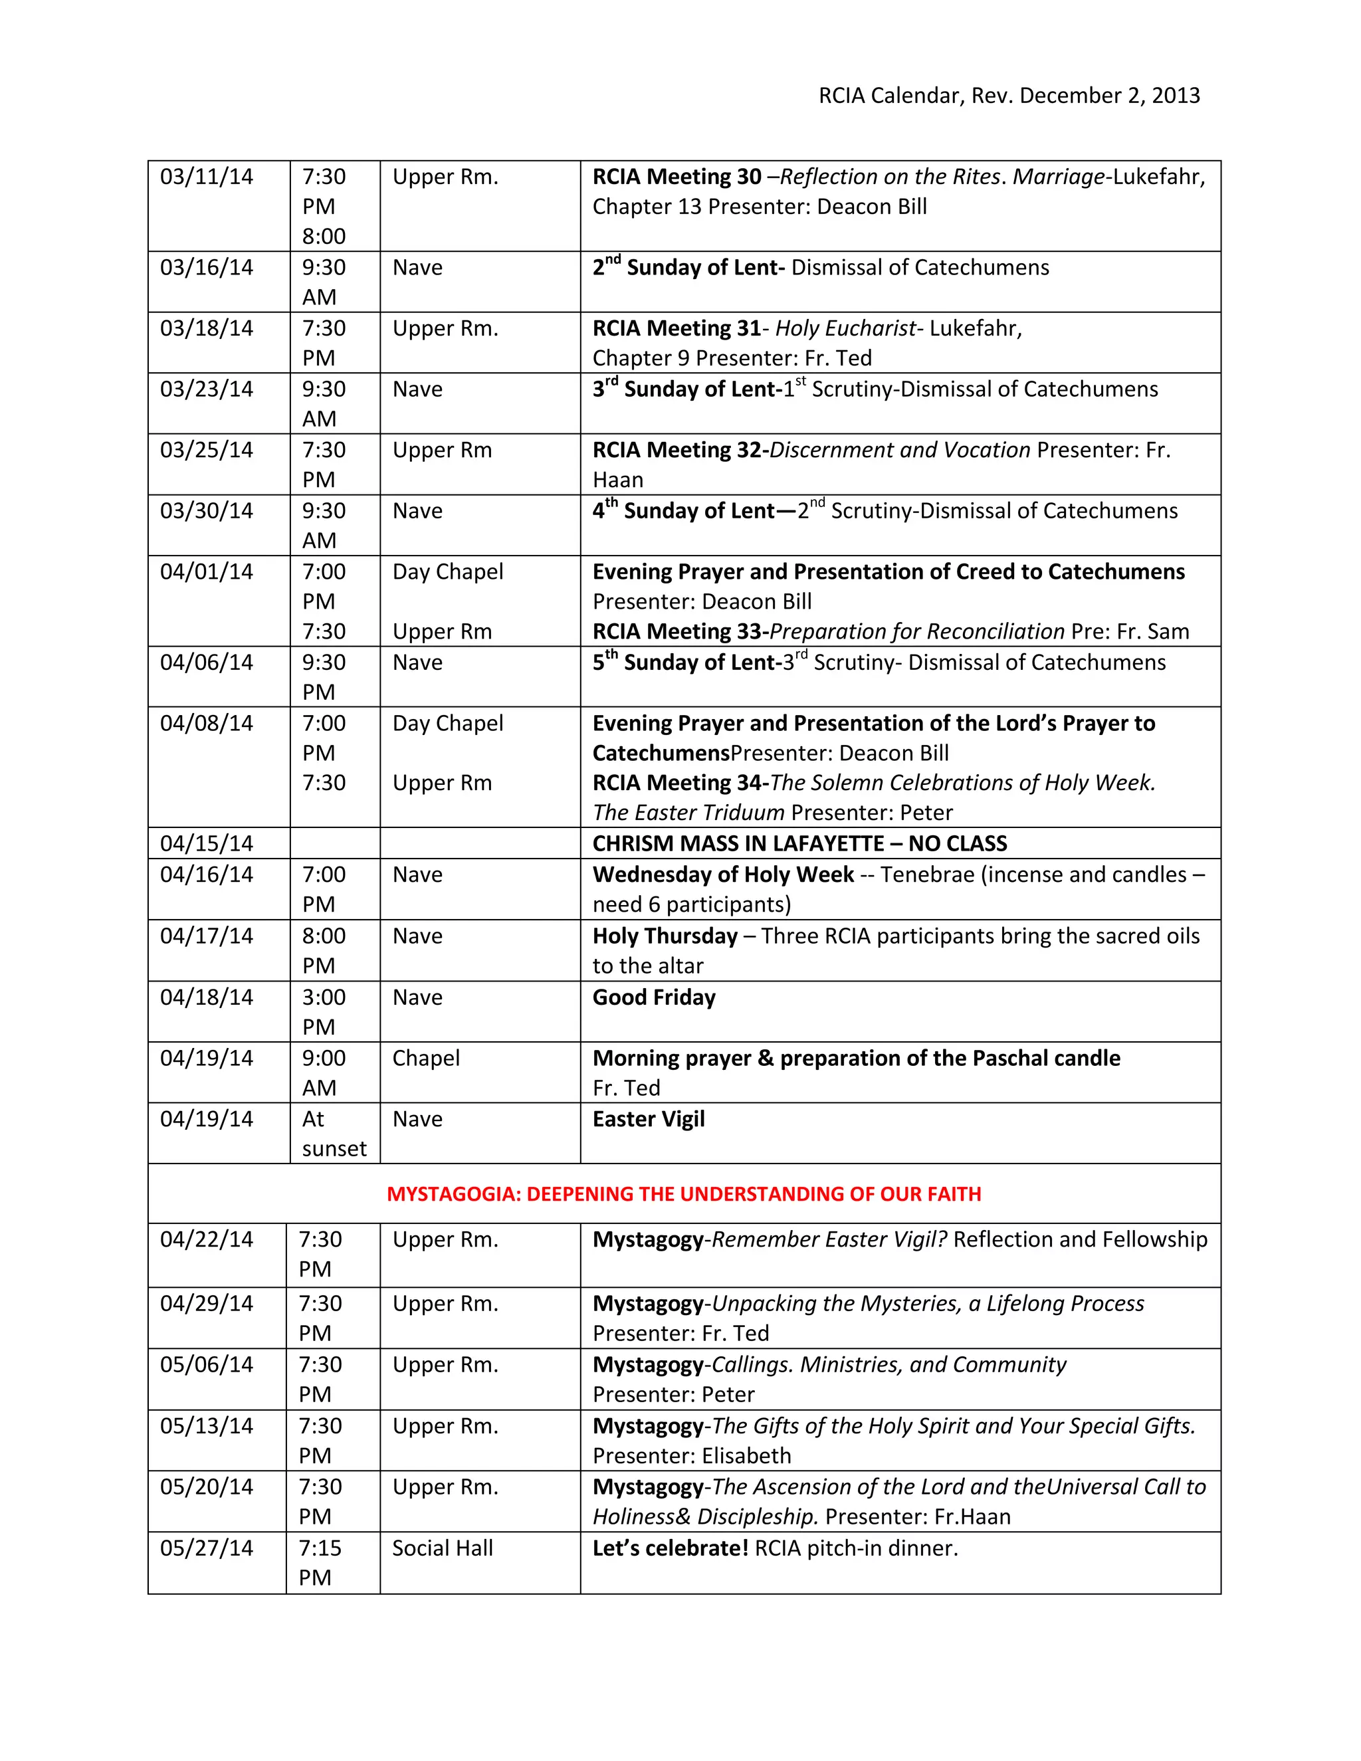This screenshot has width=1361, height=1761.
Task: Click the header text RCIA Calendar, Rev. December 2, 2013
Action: pos(1009,96)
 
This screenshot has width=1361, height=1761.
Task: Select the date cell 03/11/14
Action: pos(207,177)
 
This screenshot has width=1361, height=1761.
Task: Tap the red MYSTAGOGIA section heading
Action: pos(684,1194)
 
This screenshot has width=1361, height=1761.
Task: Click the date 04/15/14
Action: pos(207,843)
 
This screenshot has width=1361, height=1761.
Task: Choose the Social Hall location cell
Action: pos(442,1548)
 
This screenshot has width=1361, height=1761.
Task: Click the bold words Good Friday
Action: pos(654,997)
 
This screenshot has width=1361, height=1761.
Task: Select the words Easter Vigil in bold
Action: pos(648,1119)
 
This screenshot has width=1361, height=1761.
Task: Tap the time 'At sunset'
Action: pos(333,1134)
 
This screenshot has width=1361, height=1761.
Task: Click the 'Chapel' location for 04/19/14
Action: pos(426,1058)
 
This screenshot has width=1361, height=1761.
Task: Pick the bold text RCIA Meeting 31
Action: pos(677,328)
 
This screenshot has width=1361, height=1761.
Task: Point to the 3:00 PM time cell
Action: pos(324,1012)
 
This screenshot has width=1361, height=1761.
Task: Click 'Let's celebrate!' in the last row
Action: pos(670,1548)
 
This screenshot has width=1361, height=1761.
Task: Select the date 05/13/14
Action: pos(207,1425)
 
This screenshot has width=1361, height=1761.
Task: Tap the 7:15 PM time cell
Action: pos(320,1563)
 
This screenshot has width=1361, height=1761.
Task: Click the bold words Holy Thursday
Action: pos(665,936)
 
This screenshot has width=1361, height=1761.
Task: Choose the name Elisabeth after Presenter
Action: pos(746,1455)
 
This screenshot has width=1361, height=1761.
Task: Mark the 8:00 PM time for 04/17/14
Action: pos(324,951)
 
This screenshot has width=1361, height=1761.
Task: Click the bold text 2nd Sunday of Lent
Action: pos(688,268)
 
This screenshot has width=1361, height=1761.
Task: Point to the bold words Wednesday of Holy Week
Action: pos(722,875)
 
